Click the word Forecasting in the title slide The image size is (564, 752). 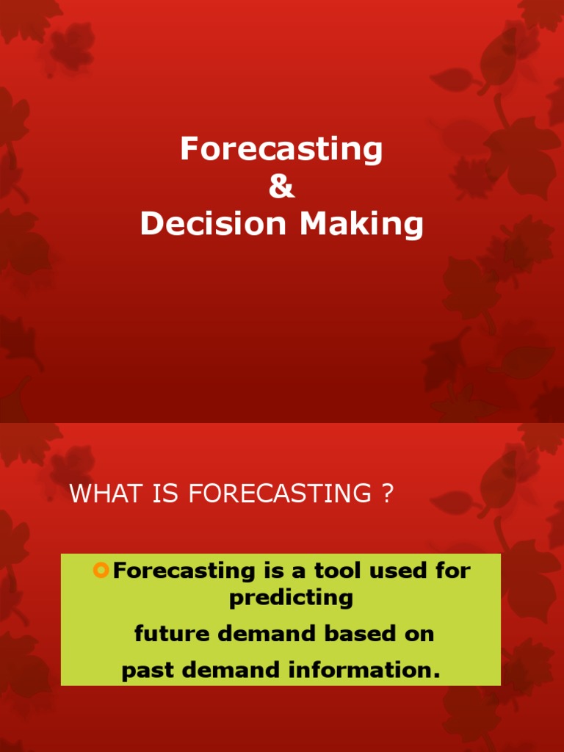[281, 150]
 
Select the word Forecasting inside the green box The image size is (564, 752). [183, 571]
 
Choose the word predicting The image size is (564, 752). [291, 598]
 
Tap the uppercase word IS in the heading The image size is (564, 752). [165, 494]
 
